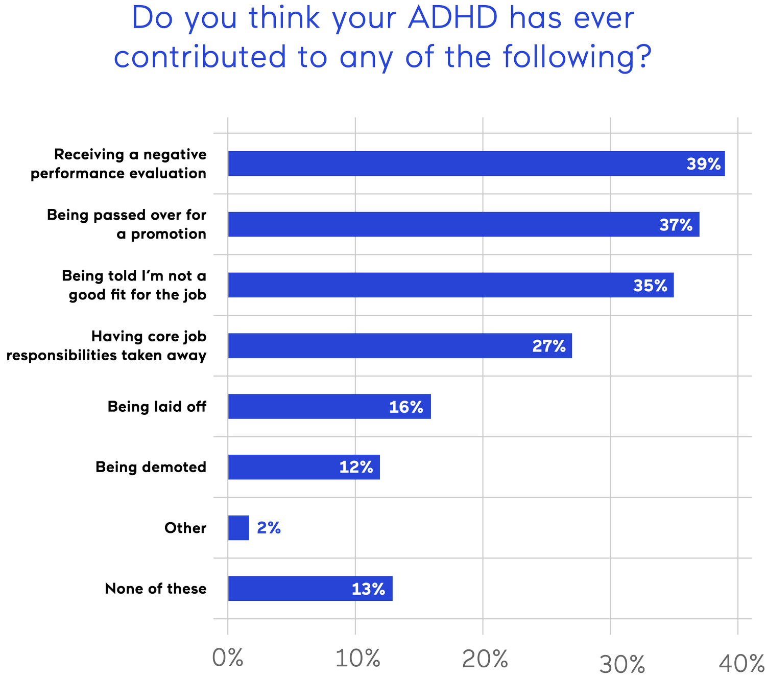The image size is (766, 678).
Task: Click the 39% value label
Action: pos(703,164)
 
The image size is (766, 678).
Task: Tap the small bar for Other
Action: pos(239,528)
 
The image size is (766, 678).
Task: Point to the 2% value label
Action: pos(269,528)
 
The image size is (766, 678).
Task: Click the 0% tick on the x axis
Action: pos(228,658)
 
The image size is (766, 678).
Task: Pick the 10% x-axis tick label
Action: pos(358,658)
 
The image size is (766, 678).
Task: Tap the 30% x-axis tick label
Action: pos(623,664)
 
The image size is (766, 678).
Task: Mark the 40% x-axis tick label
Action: pos(741,663)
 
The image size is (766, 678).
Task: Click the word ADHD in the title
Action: pos(452,18)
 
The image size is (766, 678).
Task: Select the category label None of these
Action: pos(156,589)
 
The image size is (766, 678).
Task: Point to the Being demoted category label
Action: pos(151,467)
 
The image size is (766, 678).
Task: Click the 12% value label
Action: pos(356,467)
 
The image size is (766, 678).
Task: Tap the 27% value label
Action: pos(549,346)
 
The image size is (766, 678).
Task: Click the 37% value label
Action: pos(676,225)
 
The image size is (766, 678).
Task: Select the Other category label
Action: pos(185,528)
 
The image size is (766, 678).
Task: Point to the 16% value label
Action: pos(406,407)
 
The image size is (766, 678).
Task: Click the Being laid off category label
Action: pos(157,407)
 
